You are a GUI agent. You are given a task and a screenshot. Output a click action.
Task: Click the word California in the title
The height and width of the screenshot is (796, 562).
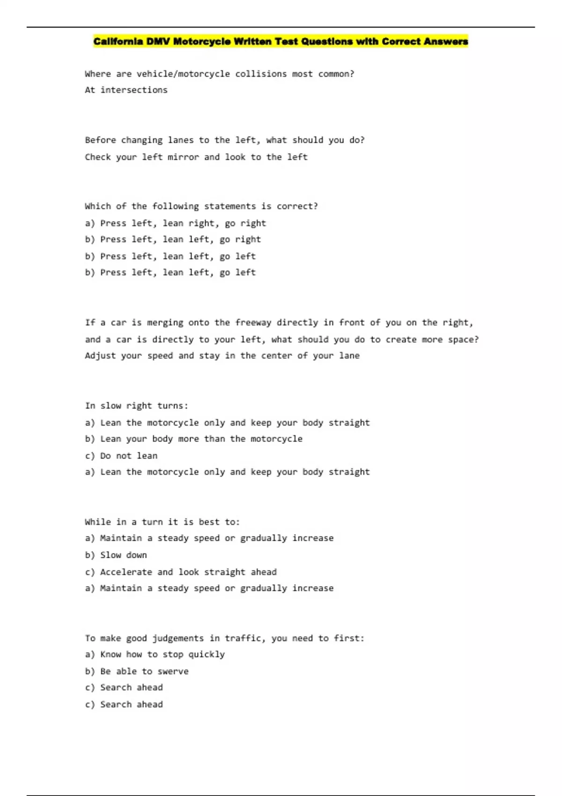(x=118, y=42)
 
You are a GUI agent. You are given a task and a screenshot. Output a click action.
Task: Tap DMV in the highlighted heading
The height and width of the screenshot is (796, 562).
(x=158, y=42)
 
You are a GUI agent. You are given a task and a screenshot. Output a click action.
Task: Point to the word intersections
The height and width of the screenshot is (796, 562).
(x=134, y=90)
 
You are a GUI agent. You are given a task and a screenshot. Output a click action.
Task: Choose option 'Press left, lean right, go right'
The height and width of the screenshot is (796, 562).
(x=183, y=223)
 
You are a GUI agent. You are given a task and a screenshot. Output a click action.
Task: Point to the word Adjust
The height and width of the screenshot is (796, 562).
(x=100, y=356)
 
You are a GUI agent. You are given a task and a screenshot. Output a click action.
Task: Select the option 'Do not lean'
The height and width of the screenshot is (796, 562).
(x=129, y=456)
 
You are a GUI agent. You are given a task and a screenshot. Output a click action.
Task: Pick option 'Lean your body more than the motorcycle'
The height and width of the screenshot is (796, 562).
(x=201, y=439)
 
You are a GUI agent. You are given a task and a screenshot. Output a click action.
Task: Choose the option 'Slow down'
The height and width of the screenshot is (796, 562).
(x=123, y=555)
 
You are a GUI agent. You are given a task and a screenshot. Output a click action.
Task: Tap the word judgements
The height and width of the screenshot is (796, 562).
(x=178, y=638)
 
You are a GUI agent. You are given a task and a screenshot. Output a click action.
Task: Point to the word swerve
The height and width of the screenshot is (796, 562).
(x=173, y=671)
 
